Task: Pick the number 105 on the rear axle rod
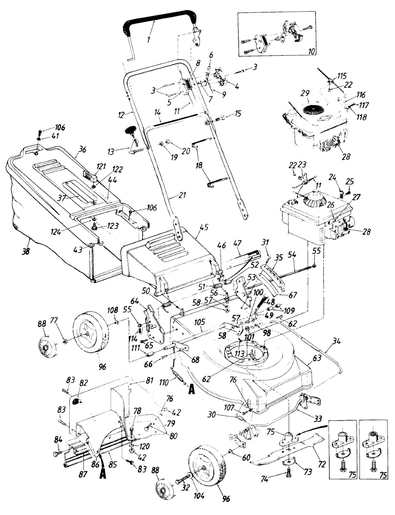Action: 199,321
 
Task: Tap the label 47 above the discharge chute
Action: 237,243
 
